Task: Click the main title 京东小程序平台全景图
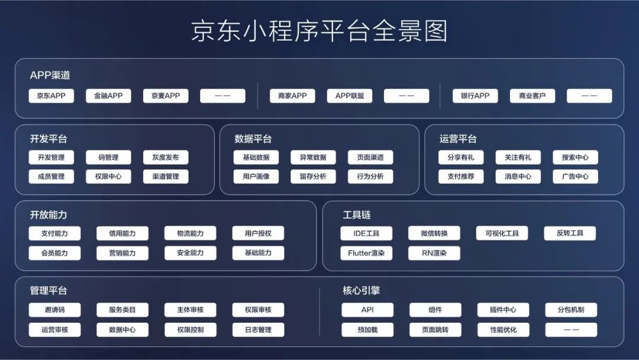coord(319,31)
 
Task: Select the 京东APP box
coord(51,96)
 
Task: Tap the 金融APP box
coord(108,96)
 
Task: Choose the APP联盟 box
coord(350,96)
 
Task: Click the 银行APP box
coord(475,96)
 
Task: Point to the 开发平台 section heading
coord(49,139)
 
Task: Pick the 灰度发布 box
coord(166,157)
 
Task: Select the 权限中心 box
coord(108,176)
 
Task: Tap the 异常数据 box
coord(313,157)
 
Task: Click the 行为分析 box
coord(370,176)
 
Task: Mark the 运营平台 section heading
coord(458,139)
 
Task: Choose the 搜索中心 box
coord(575,157)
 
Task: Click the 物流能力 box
coord(191,233)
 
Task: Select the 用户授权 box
coord(258,233)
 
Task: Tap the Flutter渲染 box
coord(366,253)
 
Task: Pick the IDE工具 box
coord(366,233)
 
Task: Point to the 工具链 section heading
coord(357,215)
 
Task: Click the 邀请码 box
coord(54,310)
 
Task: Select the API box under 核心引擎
coord(367,310)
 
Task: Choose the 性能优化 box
coord(504,330)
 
